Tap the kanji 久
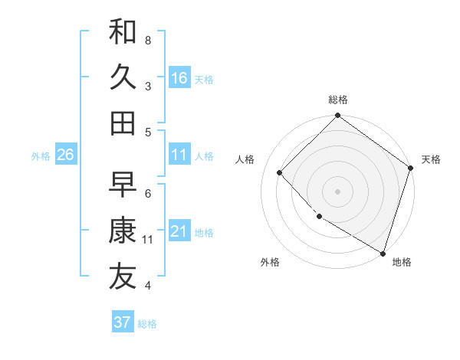click(123, 77)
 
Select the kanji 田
click(123, 123)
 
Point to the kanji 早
click(123, 184)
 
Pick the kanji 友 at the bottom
click(123, 277)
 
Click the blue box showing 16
click(179, 77)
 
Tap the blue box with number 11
click(179, 155)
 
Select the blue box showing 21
click(179, 231)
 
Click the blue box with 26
click(65, 155)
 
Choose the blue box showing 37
click(123, 322)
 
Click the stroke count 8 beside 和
click(148, 39)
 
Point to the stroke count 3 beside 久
click(148, 86)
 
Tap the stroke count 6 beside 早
click(148, 193)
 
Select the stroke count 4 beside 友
click(148, 286)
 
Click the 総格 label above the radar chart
click(338, 100)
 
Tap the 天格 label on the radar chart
click(431, 159)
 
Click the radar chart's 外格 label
click(270, 262)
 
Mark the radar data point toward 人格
click(281, 172)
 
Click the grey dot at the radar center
click(338, 191)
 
